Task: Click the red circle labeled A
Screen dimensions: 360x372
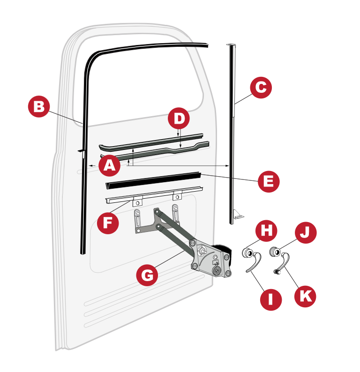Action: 109,165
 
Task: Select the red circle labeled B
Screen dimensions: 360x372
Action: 39,106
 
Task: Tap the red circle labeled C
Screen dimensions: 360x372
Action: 261,87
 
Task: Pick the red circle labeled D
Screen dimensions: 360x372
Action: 179,118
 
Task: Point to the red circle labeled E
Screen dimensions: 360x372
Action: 269,181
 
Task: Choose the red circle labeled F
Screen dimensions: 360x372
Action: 108,223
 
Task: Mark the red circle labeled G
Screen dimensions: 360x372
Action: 147,275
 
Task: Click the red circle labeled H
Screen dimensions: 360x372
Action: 266,231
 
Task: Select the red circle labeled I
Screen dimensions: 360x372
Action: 271,300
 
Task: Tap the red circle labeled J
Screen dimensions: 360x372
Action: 306,232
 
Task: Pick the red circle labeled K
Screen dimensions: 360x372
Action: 305,296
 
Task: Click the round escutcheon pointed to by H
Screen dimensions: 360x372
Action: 247,253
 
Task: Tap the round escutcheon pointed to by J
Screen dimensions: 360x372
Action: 275,252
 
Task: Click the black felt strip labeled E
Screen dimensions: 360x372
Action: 153,180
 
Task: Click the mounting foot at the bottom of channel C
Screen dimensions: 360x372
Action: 239,215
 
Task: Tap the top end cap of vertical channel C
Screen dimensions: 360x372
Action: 231,45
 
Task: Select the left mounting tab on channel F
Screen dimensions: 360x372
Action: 137,202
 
